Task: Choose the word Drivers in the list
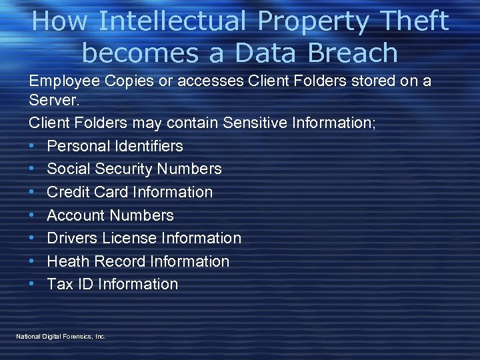click(74, 238)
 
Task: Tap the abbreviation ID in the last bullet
click(85, 284)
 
